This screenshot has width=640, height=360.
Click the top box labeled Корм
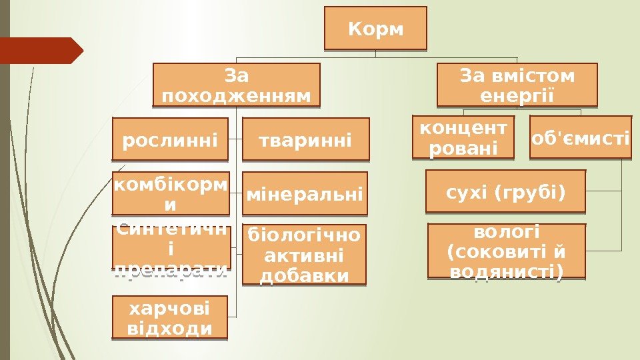376,29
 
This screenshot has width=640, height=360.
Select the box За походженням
236,85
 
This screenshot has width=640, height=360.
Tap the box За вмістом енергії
517,85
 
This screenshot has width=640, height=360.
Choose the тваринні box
305,140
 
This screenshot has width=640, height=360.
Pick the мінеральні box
305,195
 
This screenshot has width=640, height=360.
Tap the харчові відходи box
169,318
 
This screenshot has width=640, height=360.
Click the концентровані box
463,137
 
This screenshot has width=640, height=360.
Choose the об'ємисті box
580,138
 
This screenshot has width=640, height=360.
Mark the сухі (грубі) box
505,193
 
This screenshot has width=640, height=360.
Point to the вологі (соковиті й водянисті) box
505,251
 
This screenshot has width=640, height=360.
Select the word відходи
169,328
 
